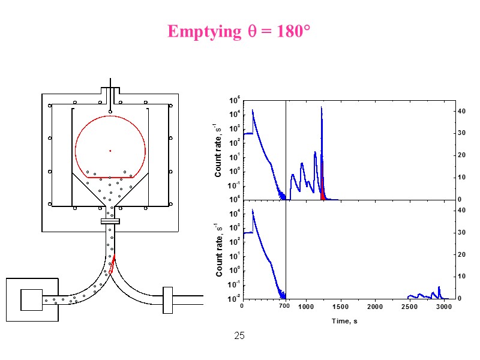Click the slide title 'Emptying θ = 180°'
(x=238, y=31)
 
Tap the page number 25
(x=239, y=336)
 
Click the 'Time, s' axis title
(x=344, y=322)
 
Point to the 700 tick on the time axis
(x=285, y=307)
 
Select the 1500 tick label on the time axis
(x=340, y=307)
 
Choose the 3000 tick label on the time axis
(x=444, y=307)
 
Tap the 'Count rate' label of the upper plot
(x=218, y=150)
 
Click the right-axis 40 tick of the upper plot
(x=461, y=112)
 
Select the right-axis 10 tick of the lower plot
(x=461, y=277)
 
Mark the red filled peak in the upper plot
(x=323, y=190)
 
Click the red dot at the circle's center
(x=110, y=151)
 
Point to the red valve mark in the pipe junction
(x=112, y=264)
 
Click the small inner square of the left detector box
(x=31, y=299)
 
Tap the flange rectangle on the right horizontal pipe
(x=167, y=300)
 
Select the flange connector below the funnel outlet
(x=110, y=222)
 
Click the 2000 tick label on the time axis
(x=375, y=307)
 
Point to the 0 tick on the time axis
(x=242, y=307)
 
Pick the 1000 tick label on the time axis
(x=306, y=307)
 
